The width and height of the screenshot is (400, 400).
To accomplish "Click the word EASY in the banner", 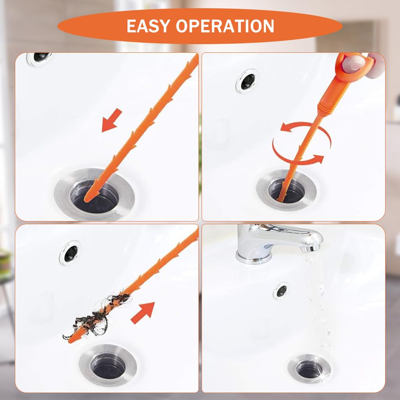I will (148, 26).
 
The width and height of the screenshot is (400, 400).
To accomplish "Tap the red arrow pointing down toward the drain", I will (112, 120).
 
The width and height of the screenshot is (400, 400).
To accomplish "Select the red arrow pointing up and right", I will (143, 313).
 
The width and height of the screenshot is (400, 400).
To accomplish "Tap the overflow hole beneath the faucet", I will (281, 290).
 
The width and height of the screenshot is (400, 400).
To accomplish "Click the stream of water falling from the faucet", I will (318, 297).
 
